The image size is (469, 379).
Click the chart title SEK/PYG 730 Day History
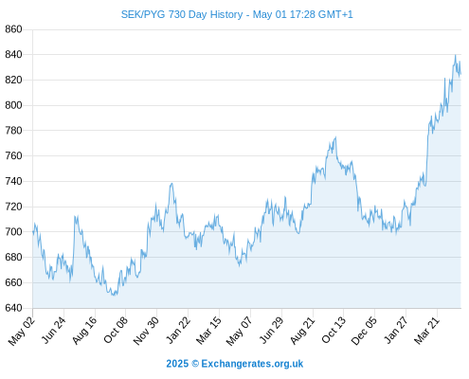pos(182,14)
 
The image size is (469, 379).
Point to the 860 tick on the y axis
pos(13,29)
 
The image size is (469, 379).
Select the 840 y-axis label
pos(13,55)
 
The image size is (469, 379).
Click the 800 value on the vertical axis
pos(13,105)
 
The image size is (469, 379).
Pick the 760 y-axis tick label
pos(13,155)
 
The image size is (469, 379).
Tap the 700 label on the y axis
pos(13,232)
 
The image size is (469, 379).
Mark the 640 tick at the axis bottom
pos(13,308)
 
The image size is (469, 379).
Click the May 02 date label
pos(21,331)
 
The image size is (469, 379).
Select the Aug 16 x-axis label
pos(83,331)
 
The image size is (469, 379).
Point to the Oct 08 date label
pos(116,330)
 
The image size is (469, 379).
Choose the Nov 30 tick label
pos(146,331)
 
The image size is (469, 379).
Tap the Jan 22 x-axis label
pos(178,331)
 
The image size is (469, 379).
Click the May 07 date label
pos(239,331)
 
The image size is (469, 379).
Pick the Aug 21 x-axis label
pos(302,331)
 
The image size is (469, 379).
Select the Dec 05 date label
pos(364,331)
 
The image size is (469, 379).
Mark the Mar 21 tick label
pos(426,331)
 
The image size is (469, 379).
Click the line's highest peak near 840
pos(455,55)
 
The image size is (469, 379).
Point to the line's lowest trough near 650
pos(114,295)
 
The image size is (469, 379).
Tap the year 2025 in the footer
pos(177,364)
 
